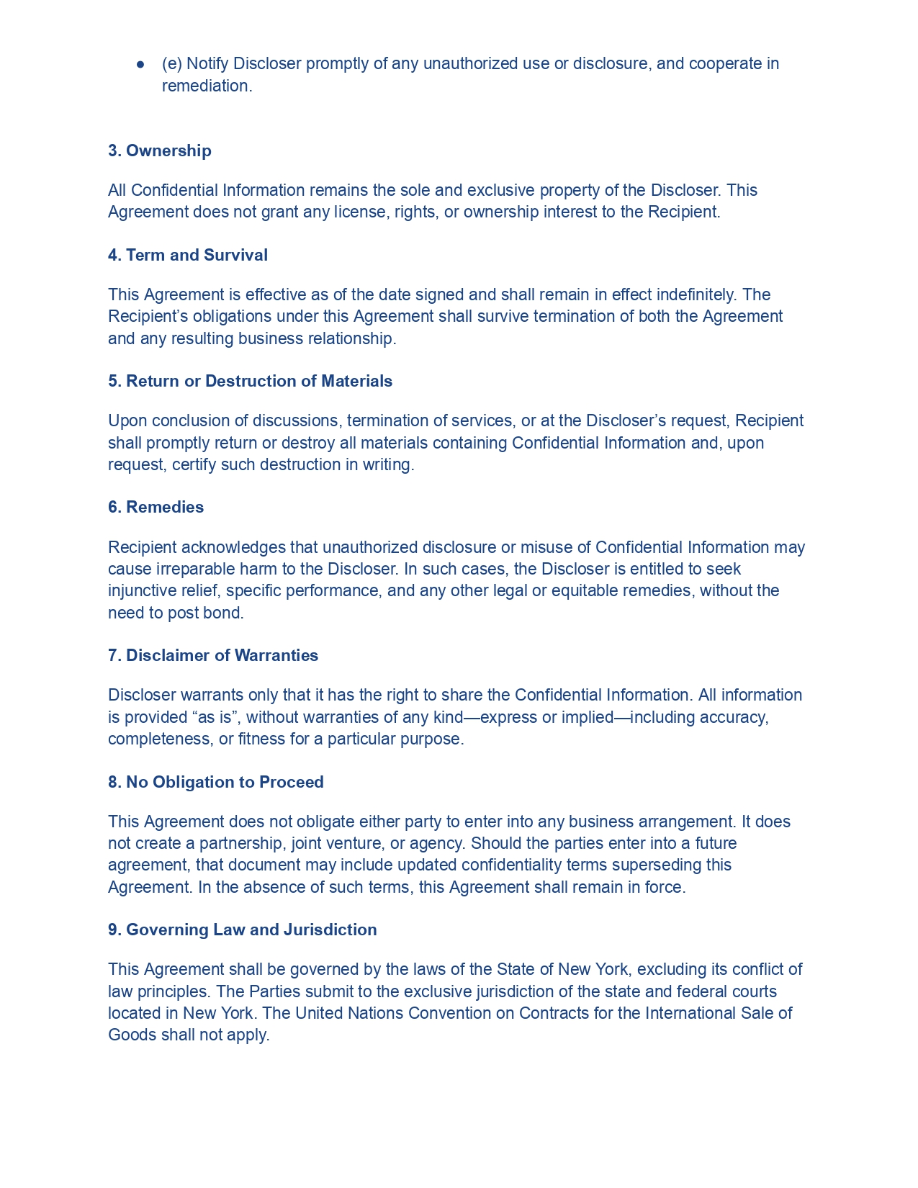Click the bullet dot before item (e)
tap(141, 64)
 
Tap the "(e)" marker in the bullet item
tap(172, 63)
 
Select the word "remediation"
tap(206, 86)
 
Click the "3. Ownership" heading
tap(160, 150)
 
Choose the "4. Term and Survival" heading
tap(188, 255)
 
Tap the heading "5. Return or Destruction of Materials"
tap(250, 381)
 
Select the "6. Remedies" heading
tap(156, 507)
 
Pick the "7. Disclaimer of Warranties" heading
tap(213, 655)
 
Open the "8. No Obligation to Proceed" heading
tap(216, 782)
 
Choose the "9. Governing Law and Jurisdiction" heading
tap(243, 930)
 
